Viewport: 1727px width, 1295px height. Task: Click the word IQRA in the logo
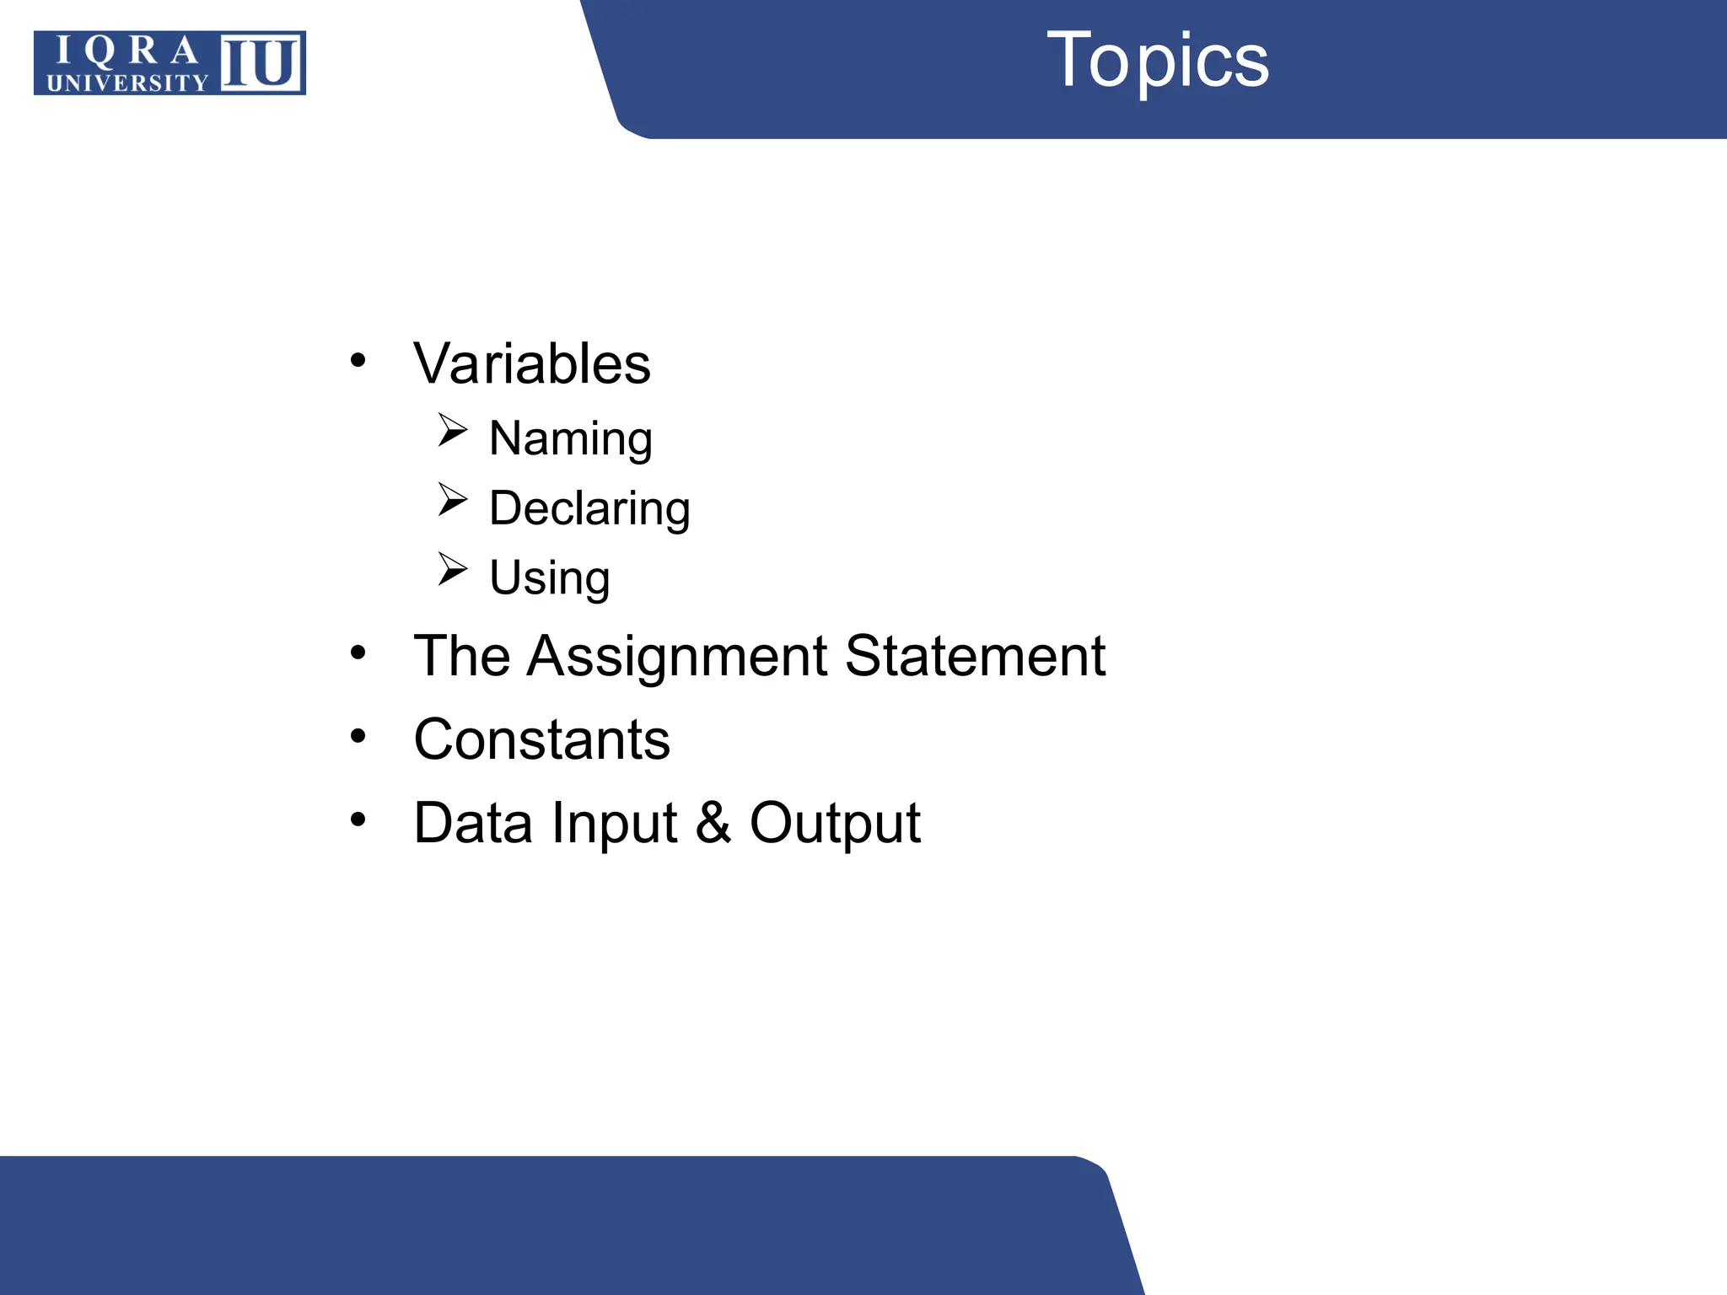coord(126,52)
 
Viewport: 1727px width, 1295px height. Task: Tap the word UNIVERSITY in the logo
coord(127,83)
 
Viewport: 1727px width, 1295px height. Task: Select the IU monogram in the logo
coord(261,62)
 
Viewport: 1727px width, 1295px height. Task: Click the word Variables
coord(531,364)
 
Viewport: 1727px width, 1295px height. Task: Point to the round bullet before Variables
coord(358,361)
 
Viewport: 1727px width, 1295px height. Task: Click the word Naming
coord(571,438)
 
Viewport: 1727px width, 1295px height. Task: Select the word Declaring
coord(589,508)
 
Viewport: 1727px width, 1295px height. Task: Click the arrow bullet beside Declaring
coord(452,500)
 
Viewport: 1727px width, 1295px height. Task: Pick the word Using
coord(550,578)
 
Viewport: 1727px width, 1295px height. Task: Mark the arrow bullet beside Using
coord(452,569)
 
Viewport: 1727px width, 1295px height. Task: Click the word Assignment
coord(677,656)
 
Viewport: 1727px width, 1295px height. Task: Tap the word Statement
coord(975,656)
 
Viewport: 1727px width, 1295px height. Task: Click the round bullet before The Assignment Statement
coord(358,653)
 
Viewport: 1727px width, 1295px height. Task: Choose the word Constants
coord(541,739)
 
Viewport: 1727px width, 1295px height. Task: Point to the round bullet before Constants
coord(358,737)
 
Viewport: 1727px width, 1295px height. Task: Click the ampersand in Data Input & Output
coord(713,823)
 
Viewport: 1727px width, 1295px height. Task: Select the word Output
coord(835,823)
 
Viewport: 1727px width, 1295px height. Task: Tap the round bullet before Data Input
coord(358,819)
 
